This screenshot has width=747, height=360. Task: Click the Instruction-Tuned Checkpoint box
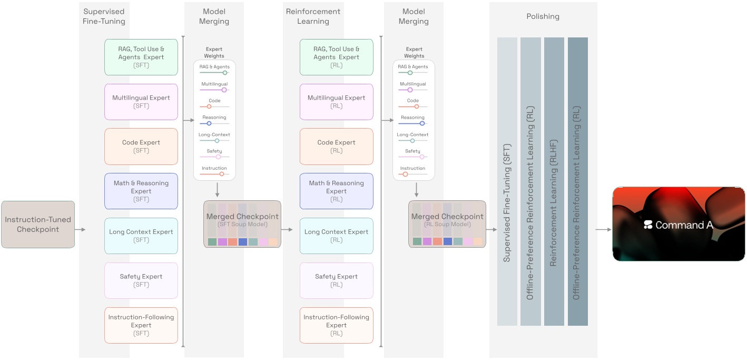(x=38, y=225)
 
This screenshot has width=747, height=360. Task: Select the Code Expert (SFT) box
(x=141, y=147)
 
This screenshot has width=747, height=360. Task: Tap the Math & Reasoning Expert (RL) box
(x=336, y=191)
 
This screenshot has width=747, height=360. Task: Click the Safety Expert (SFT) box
(x=141, y=280)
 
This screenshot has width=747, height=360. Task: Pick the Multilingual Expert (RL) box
(x=336, y=102)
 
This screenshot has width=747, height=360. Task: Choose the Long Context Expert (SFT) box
(x=141, y=236)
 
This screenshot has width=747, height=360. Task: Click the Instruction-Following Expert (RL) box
(x=336, y=325)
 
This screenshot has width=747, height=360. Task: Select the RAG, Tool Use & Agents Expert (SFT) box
(x=141, y=57)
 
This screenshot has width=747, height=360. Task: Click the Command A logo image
(x=679, y=225)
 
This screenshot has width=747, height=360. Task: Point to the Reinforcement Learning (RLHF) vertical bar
(x=554, y=181)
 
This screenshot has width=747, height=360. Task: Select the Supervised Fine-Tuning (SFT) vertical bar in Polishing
(x=507, y=181)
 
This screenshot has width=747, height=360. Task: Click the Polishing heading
(x=543, y=16)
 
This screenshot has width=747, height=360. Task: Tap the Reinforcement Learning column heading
(x=313, y=16)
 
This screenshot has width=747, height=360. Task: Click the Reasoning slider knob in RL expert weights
(x=422, y=123)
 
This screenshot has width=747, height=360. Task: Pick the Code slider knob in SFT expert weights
(x=209, y=106)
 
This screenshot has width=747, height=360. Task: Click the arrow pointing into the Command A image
(x=604, y=230)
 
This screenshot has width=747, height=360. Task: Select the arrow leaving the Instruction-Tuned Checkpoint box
(x=81, y=230)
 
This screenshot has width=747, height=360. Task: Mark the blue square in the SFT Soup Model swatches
(x=242, y=242)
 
